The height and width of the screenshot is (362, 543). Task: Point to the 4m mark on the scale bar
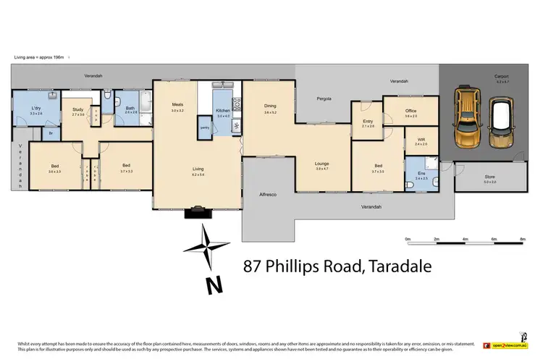465,238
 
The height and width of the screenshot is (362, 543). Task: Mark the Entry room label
367,122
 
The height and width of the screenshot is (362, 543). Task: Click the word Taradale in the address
397,266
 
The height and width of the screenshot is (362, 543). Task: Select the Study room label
77,110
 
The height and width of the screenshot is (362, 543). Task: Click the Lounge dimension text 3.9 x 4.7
322,168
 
